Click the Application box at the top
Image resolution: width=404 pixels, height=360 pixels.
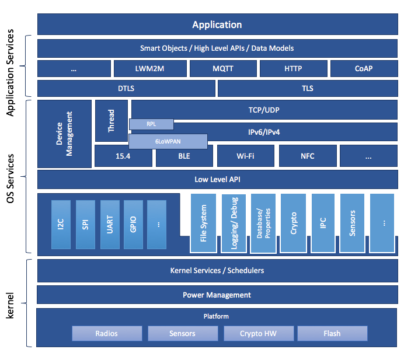pos(217,25)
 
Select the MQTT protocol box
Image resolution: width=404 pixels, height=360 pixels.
pos(223,68)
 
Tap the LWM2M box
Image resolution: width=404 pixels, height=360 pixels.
pos(150,68)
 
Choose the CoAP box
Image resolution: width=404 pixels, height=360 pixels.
pos(363,68)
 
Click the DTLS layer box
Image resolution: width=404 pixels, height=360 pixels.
pos(126,89)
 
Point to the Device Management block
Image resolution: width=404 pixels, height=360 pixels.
pos(64,134)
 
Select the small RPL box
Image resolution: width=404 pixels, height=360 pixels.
pos(151,124)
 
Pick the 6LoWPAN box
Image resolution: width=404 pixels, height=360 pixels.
pos(168,141)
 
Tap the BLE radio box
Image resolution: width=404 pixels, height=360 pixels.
pos(183,156)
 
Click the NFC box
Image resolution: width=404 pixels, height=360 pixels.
pos(308,156)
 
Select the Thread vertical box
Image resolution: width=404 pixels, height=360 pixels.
pos(111,121)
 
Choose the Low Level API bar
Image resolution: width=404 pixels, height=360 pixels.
pos(217,179)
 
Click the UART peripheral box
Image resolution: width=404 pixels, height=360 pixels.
pos(110,224)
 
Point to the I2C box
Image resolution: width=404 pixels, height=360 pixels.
pos(61,224)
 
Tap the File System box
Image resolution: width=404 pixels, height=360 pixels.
pos(203,223)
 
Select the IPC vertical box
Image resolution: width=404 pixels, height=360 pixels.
pos(323,223)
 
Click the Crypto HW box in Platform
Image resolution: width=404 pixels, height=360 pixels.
pos(257,333)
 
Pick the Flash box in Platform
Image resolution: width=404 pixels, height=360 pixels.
pos(332,333)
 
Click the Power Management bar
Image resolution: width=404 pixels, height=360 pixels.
pos(217,295)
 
